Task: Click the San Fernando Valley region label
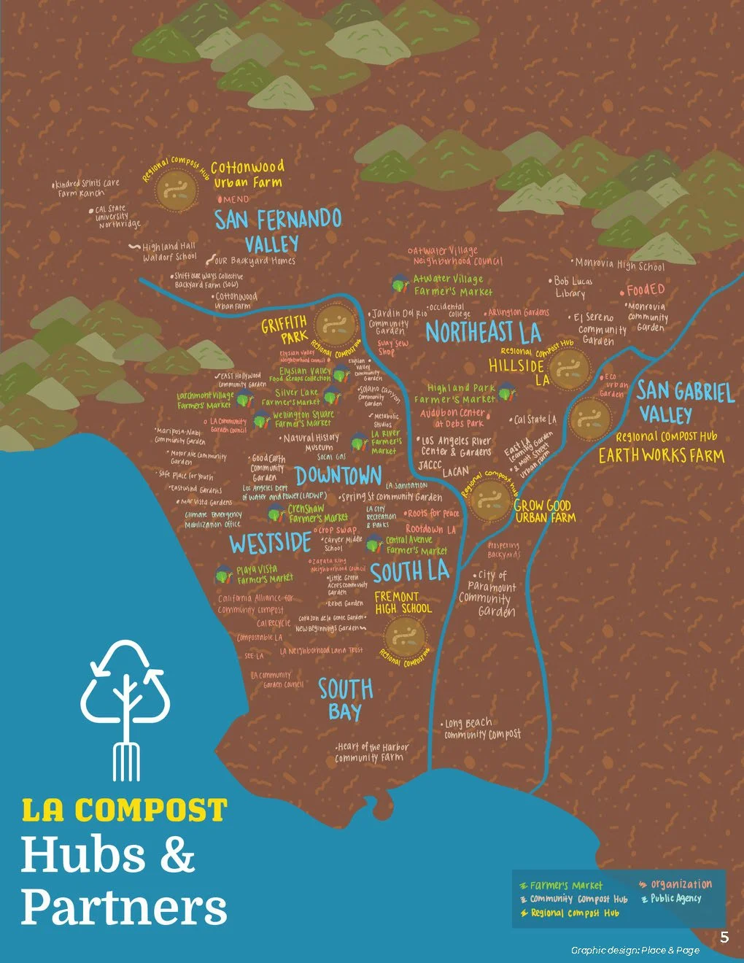point(277,231)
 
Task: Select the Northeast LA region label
point(483,332)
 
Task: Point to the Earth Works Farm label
point(661,456)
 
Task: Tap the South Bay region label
point(345,699)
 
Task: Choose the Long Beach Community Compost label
point(481,729)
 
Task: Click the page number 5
point(724,937)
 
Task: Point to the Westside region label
point(271,544)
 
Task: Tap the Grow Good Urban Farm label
point(544,511)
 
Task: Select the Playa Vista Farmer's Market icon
point(223,575)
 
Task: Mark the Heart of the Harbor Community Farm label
point(371,752)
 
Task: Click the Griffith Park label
point(285,329)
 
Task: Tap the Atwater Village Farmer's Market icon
point(400,283)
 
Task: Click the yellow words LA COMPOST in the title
point(124,810)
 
